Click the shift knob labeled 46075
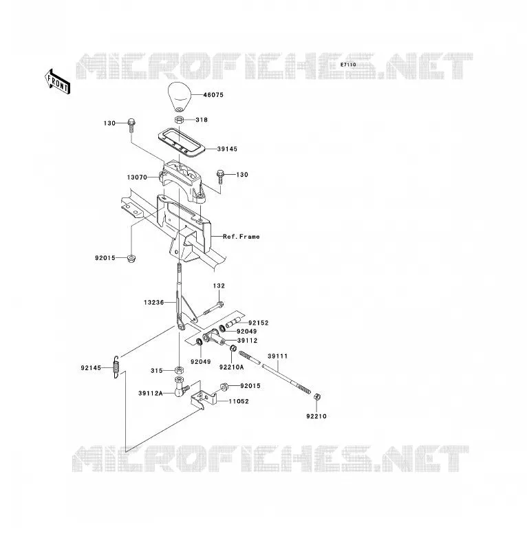(179, 96)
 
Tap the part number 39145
(227, 149)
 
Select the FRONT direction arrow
(58, 82)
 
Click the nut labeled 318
(179, 120)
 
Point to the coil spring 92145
(116, 367)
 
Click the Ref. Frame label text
(241, 237)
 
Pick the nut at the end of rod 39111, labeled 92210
(317, 397)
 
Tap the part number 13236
(153, 302)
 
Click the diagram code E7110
(348, 65)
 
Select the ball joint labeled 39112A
(180, 387)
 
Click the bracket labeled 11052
(204, 398)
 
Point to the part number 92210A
(232, 367)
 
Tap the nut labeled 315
(178, 370)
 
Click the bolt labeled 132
(213, 308)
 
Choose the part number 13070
(137, 177)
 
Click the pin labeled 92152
(233, 323)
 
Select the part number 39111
(277, 356)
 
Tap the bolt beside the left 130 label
(131, 126)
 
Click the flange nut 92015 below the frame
(131, 259)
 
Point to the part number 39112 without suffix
(248, 341)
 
